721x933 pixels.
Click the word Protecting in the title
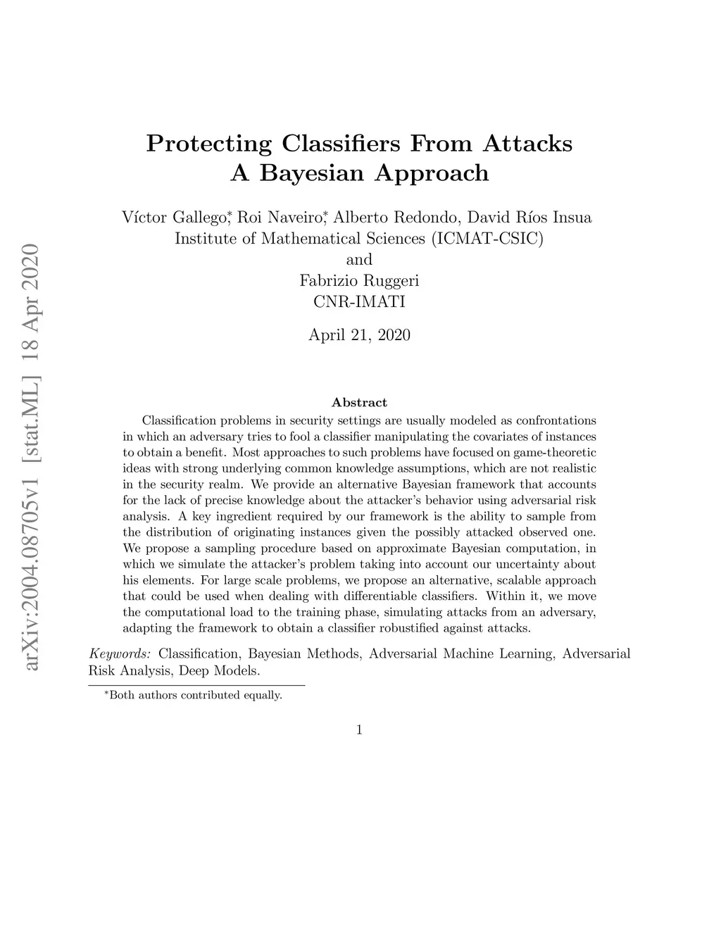point(208,144)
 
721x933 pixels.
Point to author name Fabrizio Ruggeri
point(359,281)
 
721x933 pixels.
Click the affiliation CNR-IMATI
point(359,302)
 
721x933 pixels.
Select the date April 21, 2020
point(359,335)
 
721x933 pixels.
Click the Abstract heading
point(359,403)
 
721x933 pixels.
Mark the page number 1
point(359,730)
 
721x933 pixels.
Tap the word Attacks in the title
point(527,144)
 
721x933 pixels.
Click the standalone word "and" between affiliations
point(359,260)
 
